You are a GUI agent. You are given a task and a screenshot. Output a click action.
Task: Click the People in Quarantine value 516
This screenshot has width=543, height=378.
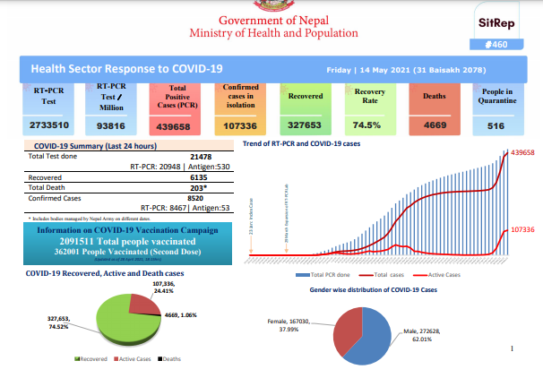[496, 127]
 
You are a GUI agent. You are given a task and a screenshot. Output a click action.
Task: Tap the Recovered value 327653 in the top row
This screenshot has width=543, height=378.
[305, 127]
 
